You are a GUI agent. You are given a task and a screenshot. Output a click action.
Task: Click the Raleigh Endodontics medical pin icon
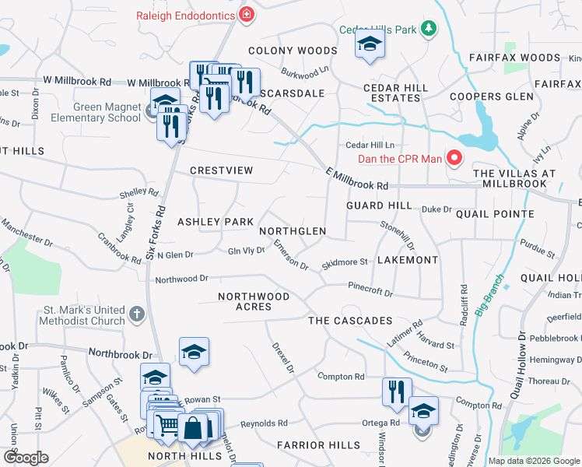tap(247, 13)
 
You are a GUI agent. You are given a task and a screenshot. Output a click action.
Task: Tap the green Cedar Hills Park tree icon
tap(427, 30)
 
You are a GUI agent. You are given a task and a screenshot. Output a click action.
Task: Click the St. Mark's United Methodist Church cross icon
tap(136, 314)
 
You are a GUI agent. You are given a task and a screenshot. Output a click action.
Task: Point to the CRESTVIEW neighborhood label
tap(222, 170)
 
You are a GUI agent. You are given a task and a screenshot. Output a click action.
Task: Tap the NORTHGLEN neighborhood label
tap(293, 232)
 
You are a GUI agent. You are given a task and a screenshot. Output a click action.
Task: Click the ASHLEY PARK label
tap(216, 222)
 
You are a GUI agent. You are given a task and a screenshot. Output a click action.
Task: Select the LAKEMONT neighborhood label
tap(408, 260)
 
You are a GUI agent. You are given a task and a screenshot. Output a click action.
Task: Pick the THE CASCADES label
tap(350, 321)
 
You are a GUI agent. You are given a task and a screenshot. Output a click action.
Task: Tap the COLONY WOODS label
tap(293, 51)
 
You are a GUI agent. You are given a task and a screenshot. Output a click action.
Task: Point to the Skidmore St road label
tap(345, 265)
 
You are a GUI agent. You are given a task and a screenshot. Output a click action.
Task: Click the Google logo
tap(26, 458)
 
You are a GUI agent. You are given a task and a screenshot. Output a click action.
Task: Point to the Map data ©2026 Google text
tap(533, 461)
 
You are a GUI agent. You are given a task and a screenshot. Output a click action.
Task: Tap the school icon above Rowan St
tap(194, 352)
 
